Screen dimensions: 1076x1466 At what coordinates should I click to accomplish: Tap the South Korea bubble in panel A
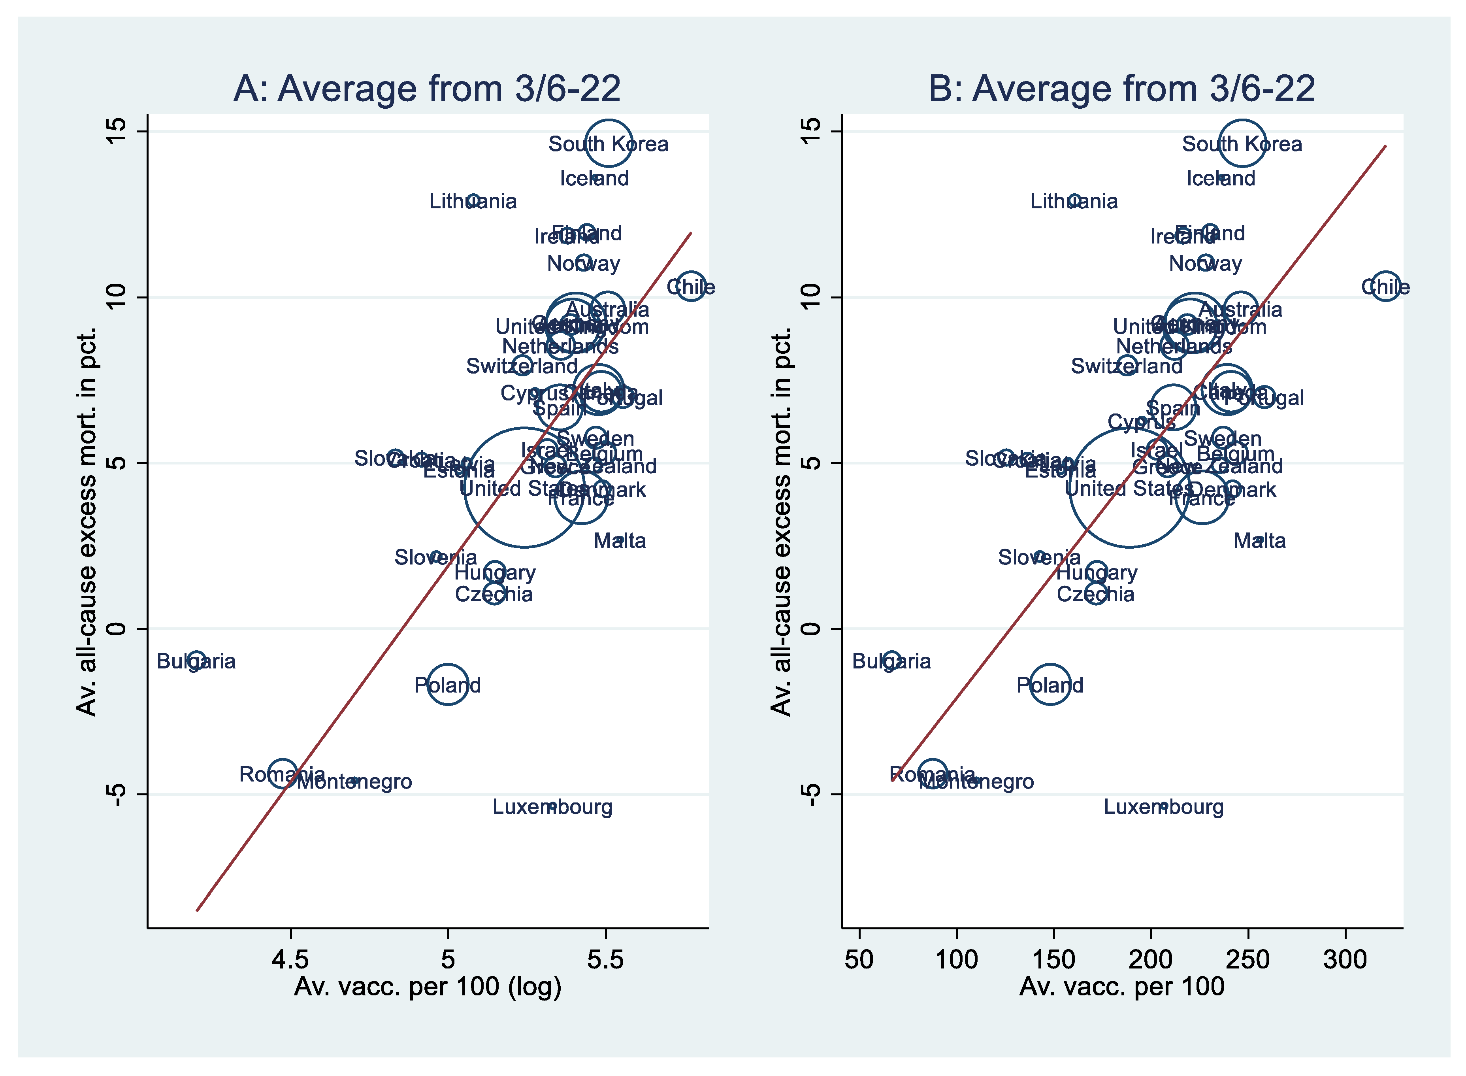tap(609, 143)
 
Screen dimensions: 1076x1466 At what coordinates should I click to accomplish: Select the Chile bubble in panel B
tap(1386, 287)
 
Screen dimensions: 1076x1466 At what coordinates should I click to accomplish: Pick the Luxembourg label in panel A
tap(552, 808)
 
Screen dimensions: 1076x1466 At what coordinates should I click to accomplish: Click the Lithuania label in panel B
tap(1074, 201)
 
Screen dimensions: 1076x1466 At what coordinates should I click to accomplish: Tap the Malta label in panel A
tap(620, 541)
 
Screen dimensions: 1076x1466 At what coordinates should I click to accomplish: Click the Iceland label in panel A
tap(594, 178)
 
